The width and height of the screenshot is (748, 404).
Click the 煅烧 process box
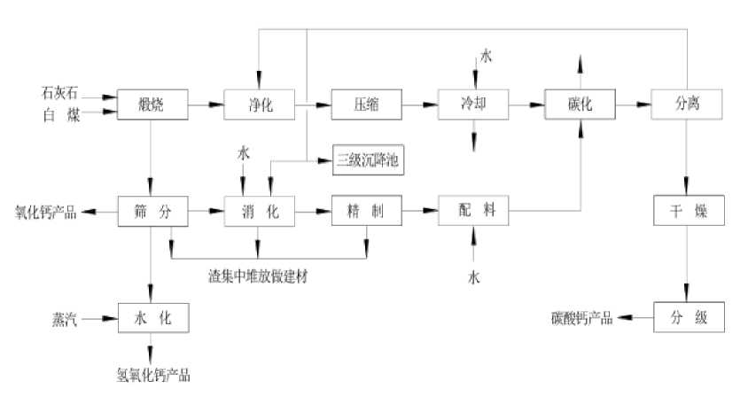pos(151,105)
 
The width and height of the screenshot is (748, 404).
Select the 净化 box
pos(259,105)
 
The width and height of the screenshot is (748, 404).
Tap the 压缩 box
pos(366,105)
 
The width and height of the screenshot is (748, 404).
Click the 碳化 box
pos(580,105)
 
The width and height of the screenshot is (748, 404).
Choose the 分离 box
pos(688,105)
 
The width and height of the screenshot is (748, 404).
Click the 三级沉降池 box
pos(368,160)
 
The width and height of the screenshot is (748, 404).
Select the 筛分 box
pos(151,212)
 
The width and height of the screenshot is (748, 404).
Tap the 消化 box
pos(259,212)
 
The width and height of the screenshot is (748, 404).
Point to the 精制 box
pos(366,212)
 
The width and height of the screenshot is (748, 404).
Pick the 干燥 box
pos(688,212)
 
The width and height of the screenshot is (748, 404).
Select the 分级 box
pos(688,317)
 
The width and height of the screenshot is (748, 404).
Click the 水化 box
pos(151,317)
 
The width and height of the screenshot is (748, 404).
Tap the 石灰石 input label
pos(60,92)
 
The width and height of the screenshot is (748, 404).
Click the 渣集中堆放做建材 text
pos(259,276)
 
